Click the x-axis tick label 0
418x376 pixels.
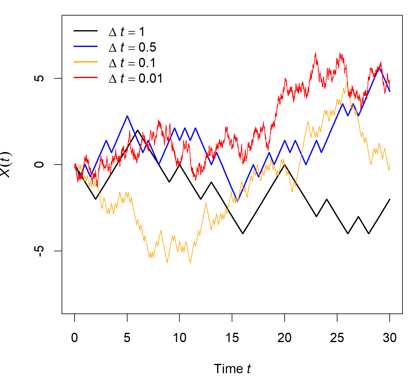[x=74, y=338]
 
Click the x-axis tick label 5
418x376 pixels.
[x=127, y=338]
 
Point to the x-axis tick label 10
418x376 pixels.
[x=179, y=338]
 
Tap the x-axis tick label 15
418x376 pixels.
[x=232, y=338]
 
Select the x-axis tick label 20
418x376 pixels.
[x=284, y=338]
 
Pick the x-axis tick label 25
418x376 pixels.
[x=337, y=338]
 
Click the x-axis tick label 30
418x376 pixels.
[x=389, y=338]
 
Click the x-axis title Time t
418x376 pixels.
[x=232, y=369]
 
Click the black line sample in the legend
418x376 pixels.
[x=86, y=31]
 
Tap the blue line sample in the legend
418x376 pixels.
[x=86, y=46]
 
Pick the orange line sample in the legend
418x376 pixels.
[x=86, y=62]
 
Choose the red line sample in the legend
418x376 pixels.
[x=86, y=77]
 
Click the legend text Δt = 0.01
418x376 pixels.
[x=136, y=78]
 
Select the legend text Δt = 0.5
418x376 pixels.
[x=132, y=47]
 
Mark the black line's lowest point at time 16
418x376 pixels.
[x=243, y=233]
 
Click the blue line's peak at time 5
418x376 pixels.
[x=127, y=116]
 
